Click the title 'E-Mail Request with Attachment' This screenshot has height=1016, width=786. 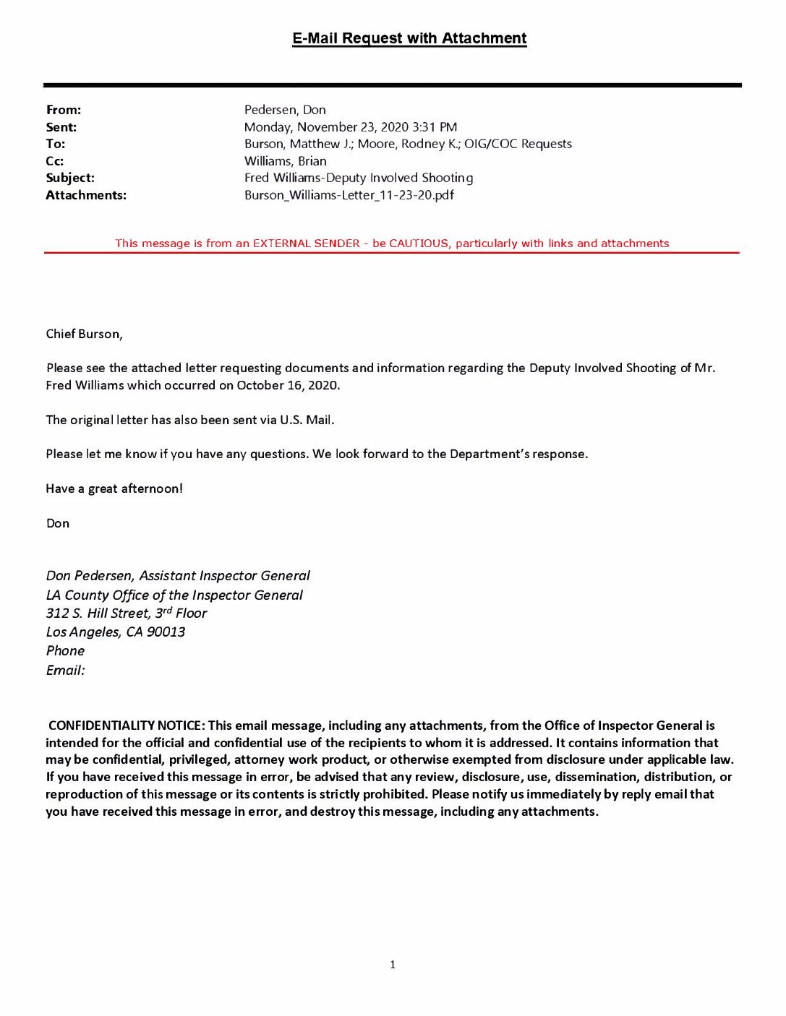pyautogui.click(x=409, y=38)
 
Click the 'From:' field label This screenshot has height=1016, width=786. pyautogui.click(x=64, y=110)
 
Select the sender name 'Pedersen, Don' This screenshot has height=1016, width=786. pyautogui.click(x=285, y=110)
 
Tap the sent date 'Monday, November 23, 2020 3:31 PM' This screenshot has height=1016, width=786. pyautogui.click(x=351, y=127)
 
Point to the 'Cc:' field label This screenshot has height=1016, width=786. pyautogui.click(x=55, y=161)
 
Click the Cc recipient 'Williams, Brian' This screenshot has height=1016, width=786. pyautogui.click(x=285, y=161)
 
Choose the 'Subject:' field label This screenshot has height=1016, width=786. pyautogui.click(x=70, y=178)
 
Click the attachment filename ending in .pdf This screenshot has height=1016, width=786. pyautogui.click(x=349, y=195)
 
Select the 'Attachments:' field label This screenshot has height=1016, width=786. pyautogui.click(x=86, y=195)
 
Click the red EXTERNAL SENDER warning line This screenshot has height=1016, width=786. pyautogui.click(x=392, y=244)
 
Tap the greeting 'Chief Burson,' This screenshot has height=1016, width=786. pyautogui.click(x=84, y=334)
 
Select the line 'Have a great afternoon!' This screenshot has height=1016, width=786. pyautogui.click(x=114, y=489)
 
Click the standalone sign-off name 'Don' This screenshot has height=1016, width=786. pyautogui.click(x=58, y=523)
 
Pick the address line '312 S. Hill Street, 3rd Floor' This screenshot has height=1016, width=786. pyautogui.click(x=127, y=614)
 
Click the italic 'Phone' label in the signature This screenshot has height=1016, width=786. pyautogui.click(x=65, y=651)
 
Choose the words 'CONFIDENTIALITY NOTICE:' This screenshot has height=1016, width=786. pyautogui.click(x=127, y=726)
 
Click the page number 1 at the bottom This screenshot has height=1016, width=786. pyautogui.click(x=393, y=965)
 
